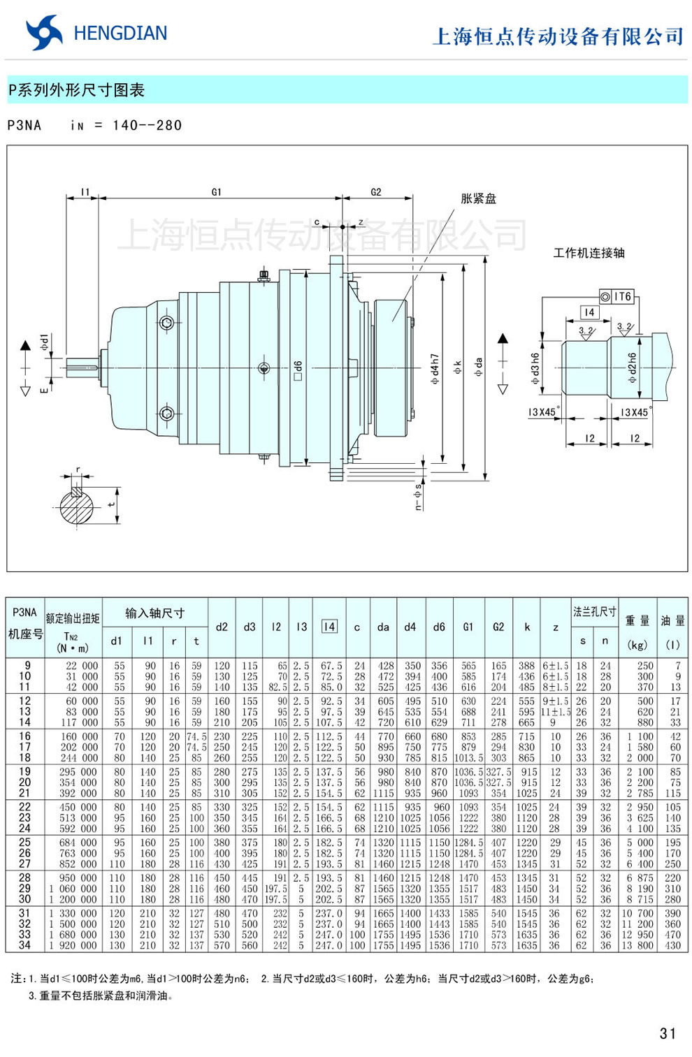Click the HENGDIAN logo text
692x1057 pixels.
(x=120, y=34)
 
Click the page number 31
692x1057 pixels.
(x=668, y=1033)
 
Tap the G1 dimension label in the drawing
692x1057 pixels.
(x=217, y=192)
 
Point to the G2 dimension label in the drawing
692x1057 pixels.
(x=376, y=192)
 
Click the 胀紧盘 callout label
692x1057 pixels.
(x=478, y=199)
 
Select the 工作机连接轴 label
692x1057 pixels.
(x=589, y=253)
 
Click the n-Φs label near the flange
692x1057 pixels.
(x=418, y=496)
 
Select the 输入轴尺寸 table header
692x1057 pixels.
(x=154, y=613)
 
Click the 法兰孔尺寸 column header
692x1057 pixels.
(x=594, y=612)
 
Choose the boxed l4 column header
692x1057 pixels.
(x=329, y=627)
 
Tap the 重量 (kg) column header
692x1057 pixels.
(x=637, y=632)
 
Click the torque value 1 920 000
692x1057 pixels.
(x=73, y=945)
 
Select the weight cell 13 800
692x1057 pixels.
(x=637, y=945)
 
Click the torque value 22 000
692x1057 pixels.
(x=81, y=666)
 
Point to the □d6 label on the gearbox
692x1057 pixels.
(x=298, y=370)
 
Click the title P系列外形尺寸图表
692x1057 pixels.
(x=76, y=90)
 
